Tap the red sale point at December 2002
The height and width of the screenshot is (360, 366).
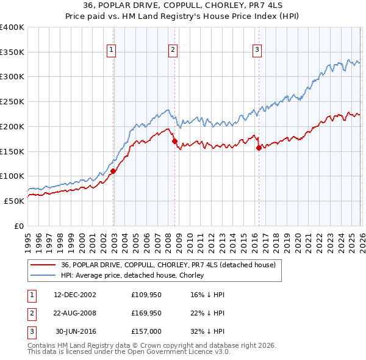[113, 171]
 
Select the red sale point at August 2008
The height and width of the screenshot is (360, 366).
[174, 141]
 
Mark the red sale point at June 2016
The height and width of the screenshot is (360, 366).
[259, 148]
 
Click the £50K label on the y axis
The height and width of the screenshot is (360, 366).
[13, 201]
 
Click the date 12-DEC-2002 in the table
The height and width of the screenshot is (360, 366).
[75, 295]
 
